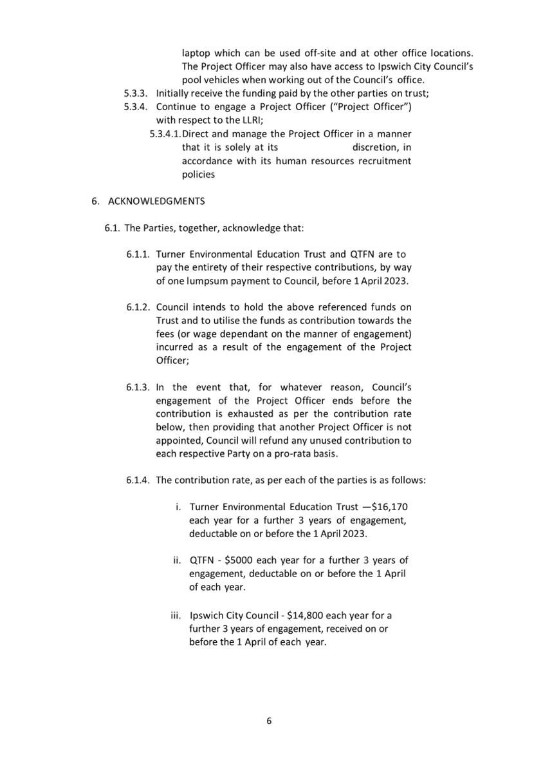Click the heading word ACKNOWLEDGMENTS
[x=156, y=201]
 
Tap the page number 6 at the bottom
[x=269, y=721]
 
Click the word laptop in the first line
[x=196, y=53]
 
